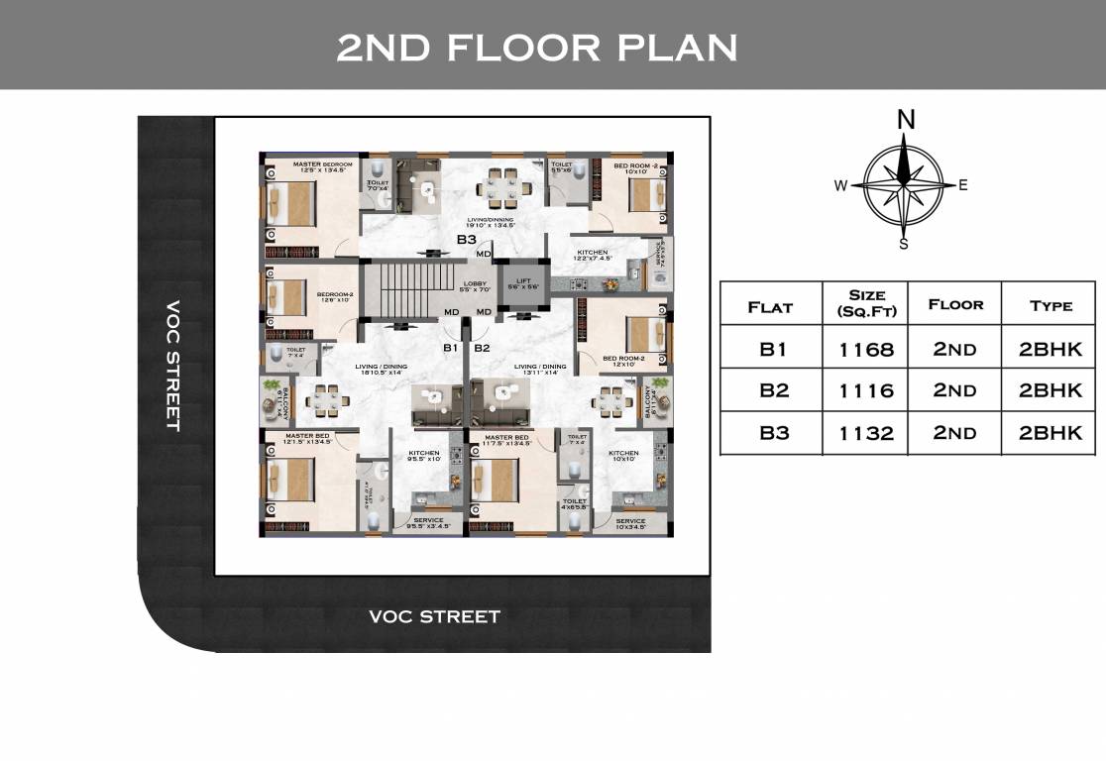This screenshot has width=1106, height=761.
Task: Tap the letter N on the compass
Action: pos(905,120)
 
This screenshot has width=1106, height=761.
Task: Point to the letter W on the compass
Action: pos(840,185)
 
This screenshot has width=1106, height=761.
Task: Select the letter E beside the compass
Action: pos(962,185)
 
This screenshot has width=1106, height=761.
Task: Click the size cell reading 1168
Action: pos(864,349)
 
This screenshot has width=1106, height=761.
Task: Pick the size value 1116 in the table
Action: pos(864,390)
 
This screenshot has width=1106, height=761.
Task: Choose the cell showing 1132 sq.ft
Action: pos(864,433)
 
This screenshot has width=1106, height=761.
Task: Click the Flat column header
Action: pos(770,306)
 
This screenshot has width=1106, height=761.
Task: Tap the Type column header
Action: pos(1050,305)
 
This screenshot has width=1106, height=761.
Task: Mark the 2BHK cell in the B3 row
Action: pos(1050,433)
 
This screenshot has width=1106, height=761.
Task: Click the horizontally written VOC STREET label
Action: pos(434,616)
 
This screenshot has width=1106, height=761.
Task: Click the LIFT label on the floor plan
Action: pos(523,281)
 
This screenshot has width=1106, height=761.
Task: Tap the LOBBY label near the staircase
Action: pos(475,283)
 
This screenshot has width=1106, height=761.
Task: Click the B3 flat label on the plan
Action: pos(467,239)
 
